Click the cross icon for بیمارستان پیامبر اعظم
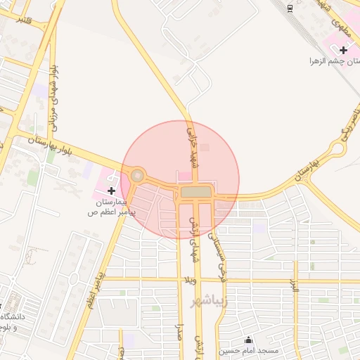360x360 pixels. [112, 191]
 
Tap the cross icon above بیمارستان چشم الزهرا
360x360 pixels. [343, 50]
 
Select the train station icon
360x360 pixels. [290, 8]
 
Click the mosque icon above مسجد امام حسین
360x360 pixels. [247, 339]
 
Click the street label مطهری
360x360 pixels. [342, 27]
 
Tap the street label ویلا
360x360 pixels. [188, 281]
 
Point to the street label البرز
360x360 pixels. [295, 285]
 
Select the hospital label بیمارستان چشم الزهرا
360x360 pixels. [334, 61]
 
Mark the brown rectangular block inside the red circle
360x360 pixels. [195, 191]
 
